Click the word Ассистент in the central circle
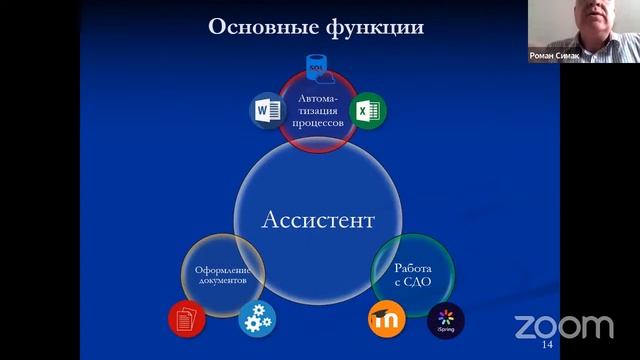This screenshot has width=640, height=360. point(319,219)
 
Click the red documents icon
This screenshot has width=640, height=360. point(185,318)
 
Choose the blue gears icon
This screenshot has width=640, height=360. point(255,318)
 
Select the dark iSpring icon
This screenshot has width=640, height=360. point(446,319)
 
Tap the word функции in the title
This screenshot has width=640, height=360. point(372,27)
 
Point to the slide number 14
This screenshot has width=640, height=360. point(546,344)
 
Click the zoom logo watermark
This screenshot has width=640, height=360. point(563,326)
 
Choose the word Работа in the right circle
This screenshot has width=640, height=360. point(412,268)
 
